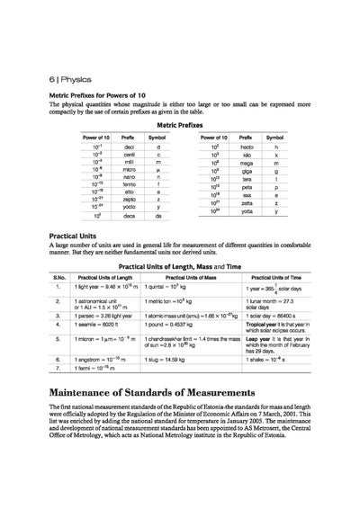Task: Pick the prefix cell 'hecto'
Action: pos(246,144)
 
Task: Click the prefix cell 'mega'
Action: pos(246,160)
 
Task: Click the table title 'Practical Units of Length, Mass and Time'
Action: pos(180,267)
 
